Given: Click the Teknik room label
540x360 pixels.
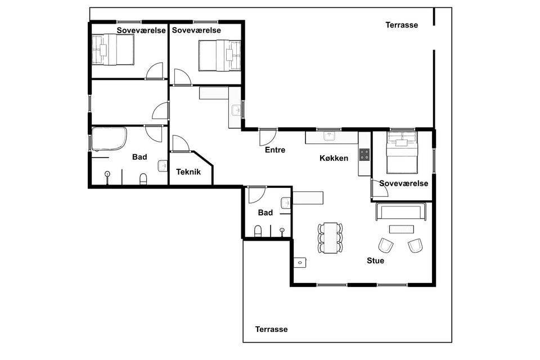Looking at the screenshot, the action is point(188,172).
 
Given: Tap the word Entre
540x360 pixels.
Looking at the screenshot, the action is point(275,150).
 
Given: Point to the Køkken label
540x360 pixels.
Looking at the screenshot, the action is point(334,158).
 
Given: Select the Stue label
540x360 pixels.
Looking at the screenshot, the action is point(375,261).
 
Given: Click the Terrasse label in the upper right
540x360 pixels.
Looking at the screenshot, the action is point(402,25).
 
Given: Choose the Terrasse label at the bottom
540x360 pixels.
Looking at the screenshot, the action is point(271,329).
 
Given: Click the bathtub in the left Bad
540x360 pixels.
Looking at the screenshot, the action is point(109,139).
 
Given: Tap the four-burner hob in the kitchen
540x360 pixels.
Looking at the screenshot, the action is point(364,155).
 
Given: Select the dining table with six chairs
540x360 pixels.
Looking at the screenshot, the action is point(330,238).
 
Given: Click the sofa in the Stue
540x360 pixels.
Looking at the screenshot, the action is point(401,211).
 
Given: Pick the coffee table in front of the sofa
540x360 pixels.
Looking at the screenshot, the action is point(401,229).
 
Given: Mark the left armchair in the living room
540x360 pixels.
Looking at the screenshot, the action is point(386,245).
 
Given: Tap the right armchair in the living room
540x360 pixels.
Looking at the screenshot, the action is point(415,245).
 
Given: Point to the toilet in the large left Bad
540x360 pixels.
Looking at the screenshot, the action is point(143,179).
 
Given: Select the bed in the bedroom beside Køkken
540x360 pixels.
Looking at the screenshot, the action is point(402,152).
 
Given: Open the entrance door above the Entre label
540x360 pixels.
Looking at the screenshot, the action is point(268,137).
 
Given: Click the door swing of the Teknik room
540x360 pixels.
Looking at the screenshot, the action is point(181,143).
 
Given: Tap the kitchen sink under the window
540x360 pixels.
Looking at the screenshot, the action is point(329,137).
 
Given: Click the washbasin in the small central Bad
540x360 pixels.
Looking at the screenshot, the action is point(286,203).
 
